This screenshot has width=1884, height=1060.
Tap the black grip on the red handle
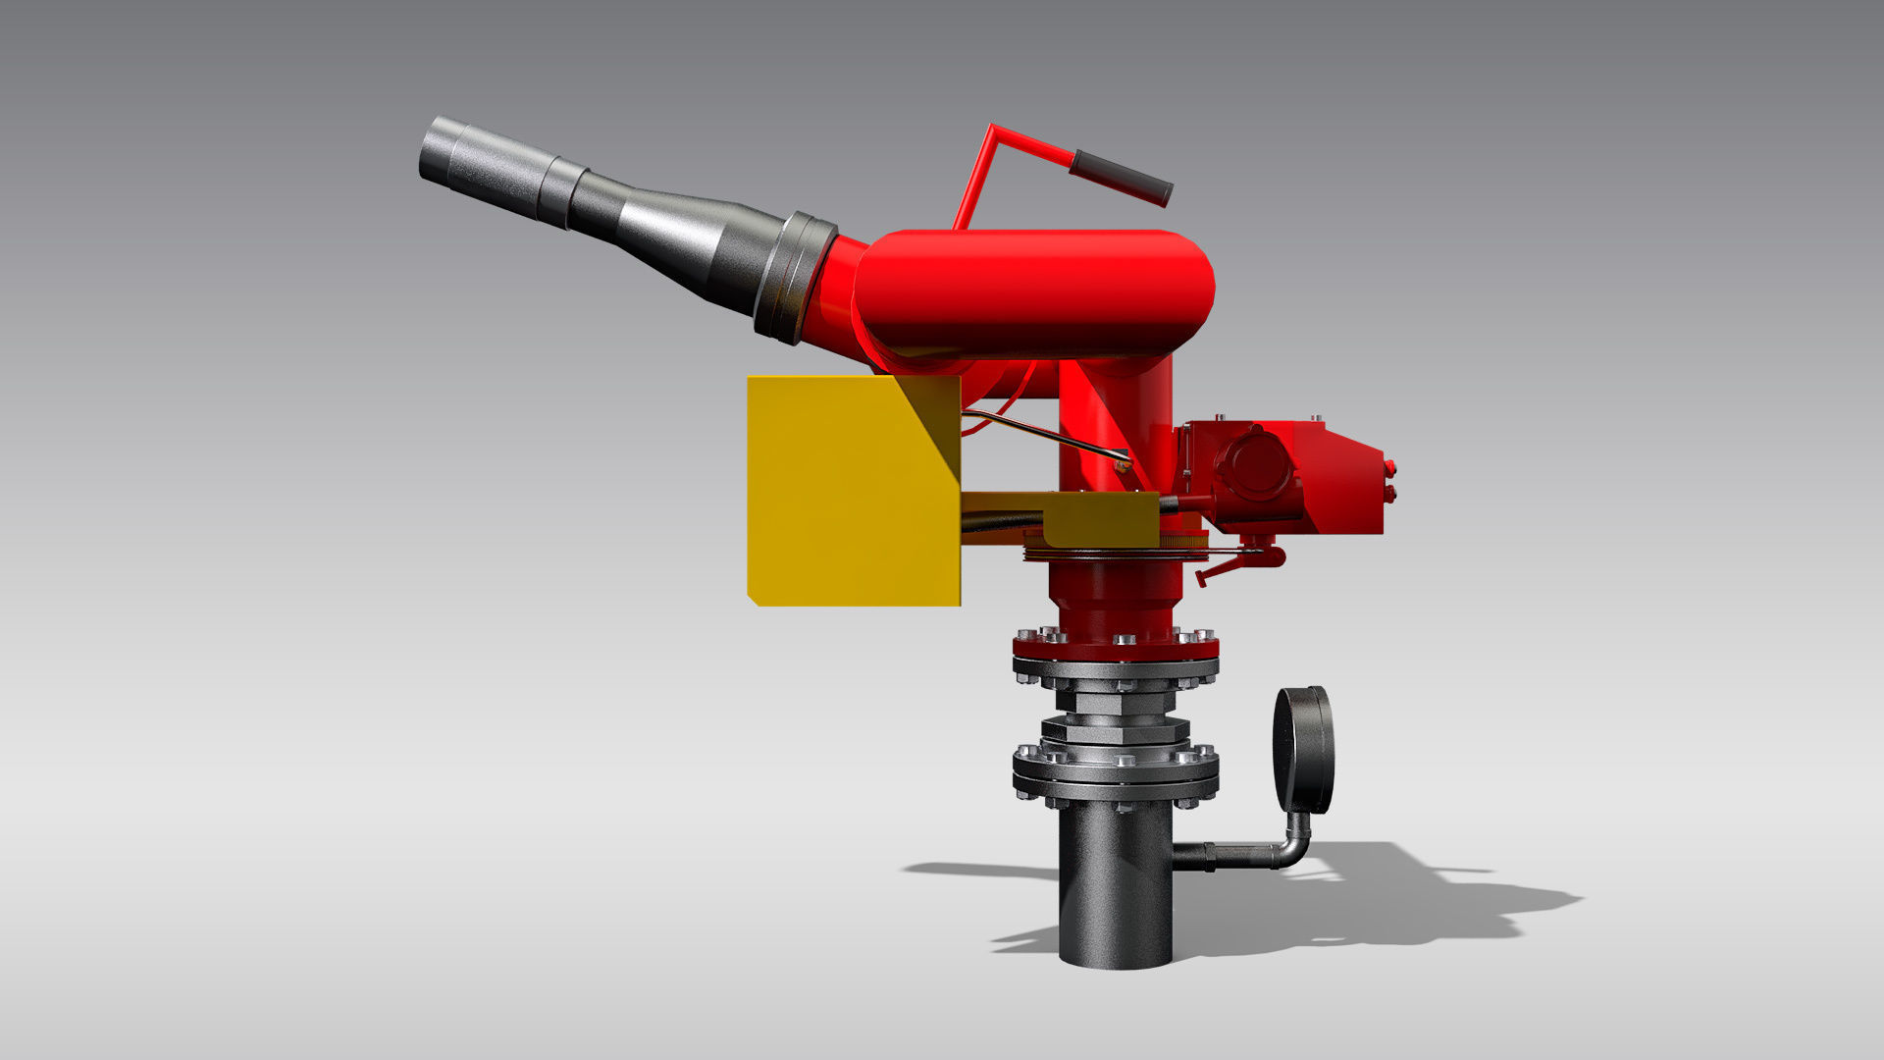(1122, 178)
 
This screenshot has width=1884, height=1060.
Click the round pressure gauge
(1303, 750)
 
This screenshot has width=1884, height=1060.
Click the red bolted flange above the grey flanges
(1116, 648)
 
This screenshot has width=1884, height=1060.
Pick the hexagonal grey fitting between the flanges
(1116, 731)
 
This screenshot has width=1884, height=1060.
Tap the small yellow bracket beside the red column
(1099, 520)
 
